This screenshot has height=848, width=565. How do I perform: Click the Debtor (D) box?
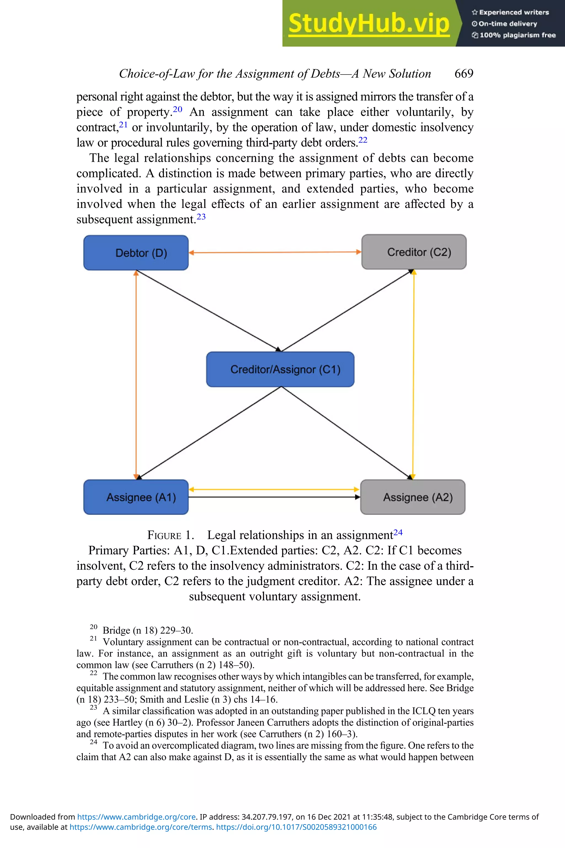pyautogui.click(x=136, y=253)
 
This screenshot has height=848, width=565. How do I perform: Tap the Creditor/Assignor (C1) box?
pyautogui.click(x=280, y=369)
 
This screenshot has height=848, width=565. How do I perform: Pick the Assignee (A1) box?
pyautogui.click(x=136, y=497)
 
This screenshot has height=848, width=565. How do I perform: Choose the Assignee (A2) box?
pyautogui.click(x=413, y=497)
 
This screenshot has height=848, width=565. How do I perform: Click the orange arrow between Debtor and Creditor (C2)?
pyautogui.click(x=274, y=252)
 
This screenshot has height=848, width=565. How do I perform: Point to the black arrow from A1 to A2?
pyautogui.click(x=274, y=497)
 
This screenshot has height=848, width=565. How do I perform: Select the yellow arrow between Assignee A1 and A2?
pyautogui.click(x=274, y=489)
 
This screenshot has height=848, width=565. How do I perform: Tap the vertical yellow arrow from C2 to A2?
pyautogui.click(x=413, y=375)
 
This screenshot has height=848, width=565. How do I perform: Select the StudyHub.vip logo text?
pyautogui.click(x=369, y=23)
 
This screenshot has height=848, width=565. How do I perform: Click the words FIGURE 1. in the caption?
pyautogui.click(x=170, y=535)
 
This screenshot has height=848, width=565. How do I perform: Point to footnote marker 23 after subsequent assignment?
pyautogui.click(x=201, y=217)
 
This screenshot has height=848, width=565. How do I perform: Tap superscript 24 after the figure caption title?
pyautogui.click(x=398, y=532)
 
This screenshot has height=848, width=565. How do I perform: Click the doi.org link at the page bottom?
pyautogui.click(x=296, y=827)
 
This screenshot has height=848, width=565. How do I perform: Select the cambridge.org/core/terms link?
pyautogui.click(x=140, y=827)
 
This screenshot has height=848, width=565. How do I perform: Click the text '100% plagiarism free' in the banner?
pyautogui.click(x=518, y=35)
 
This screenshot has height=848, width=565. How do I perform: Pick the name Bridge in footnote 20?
pyautogui.click(x=116, y=630)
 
